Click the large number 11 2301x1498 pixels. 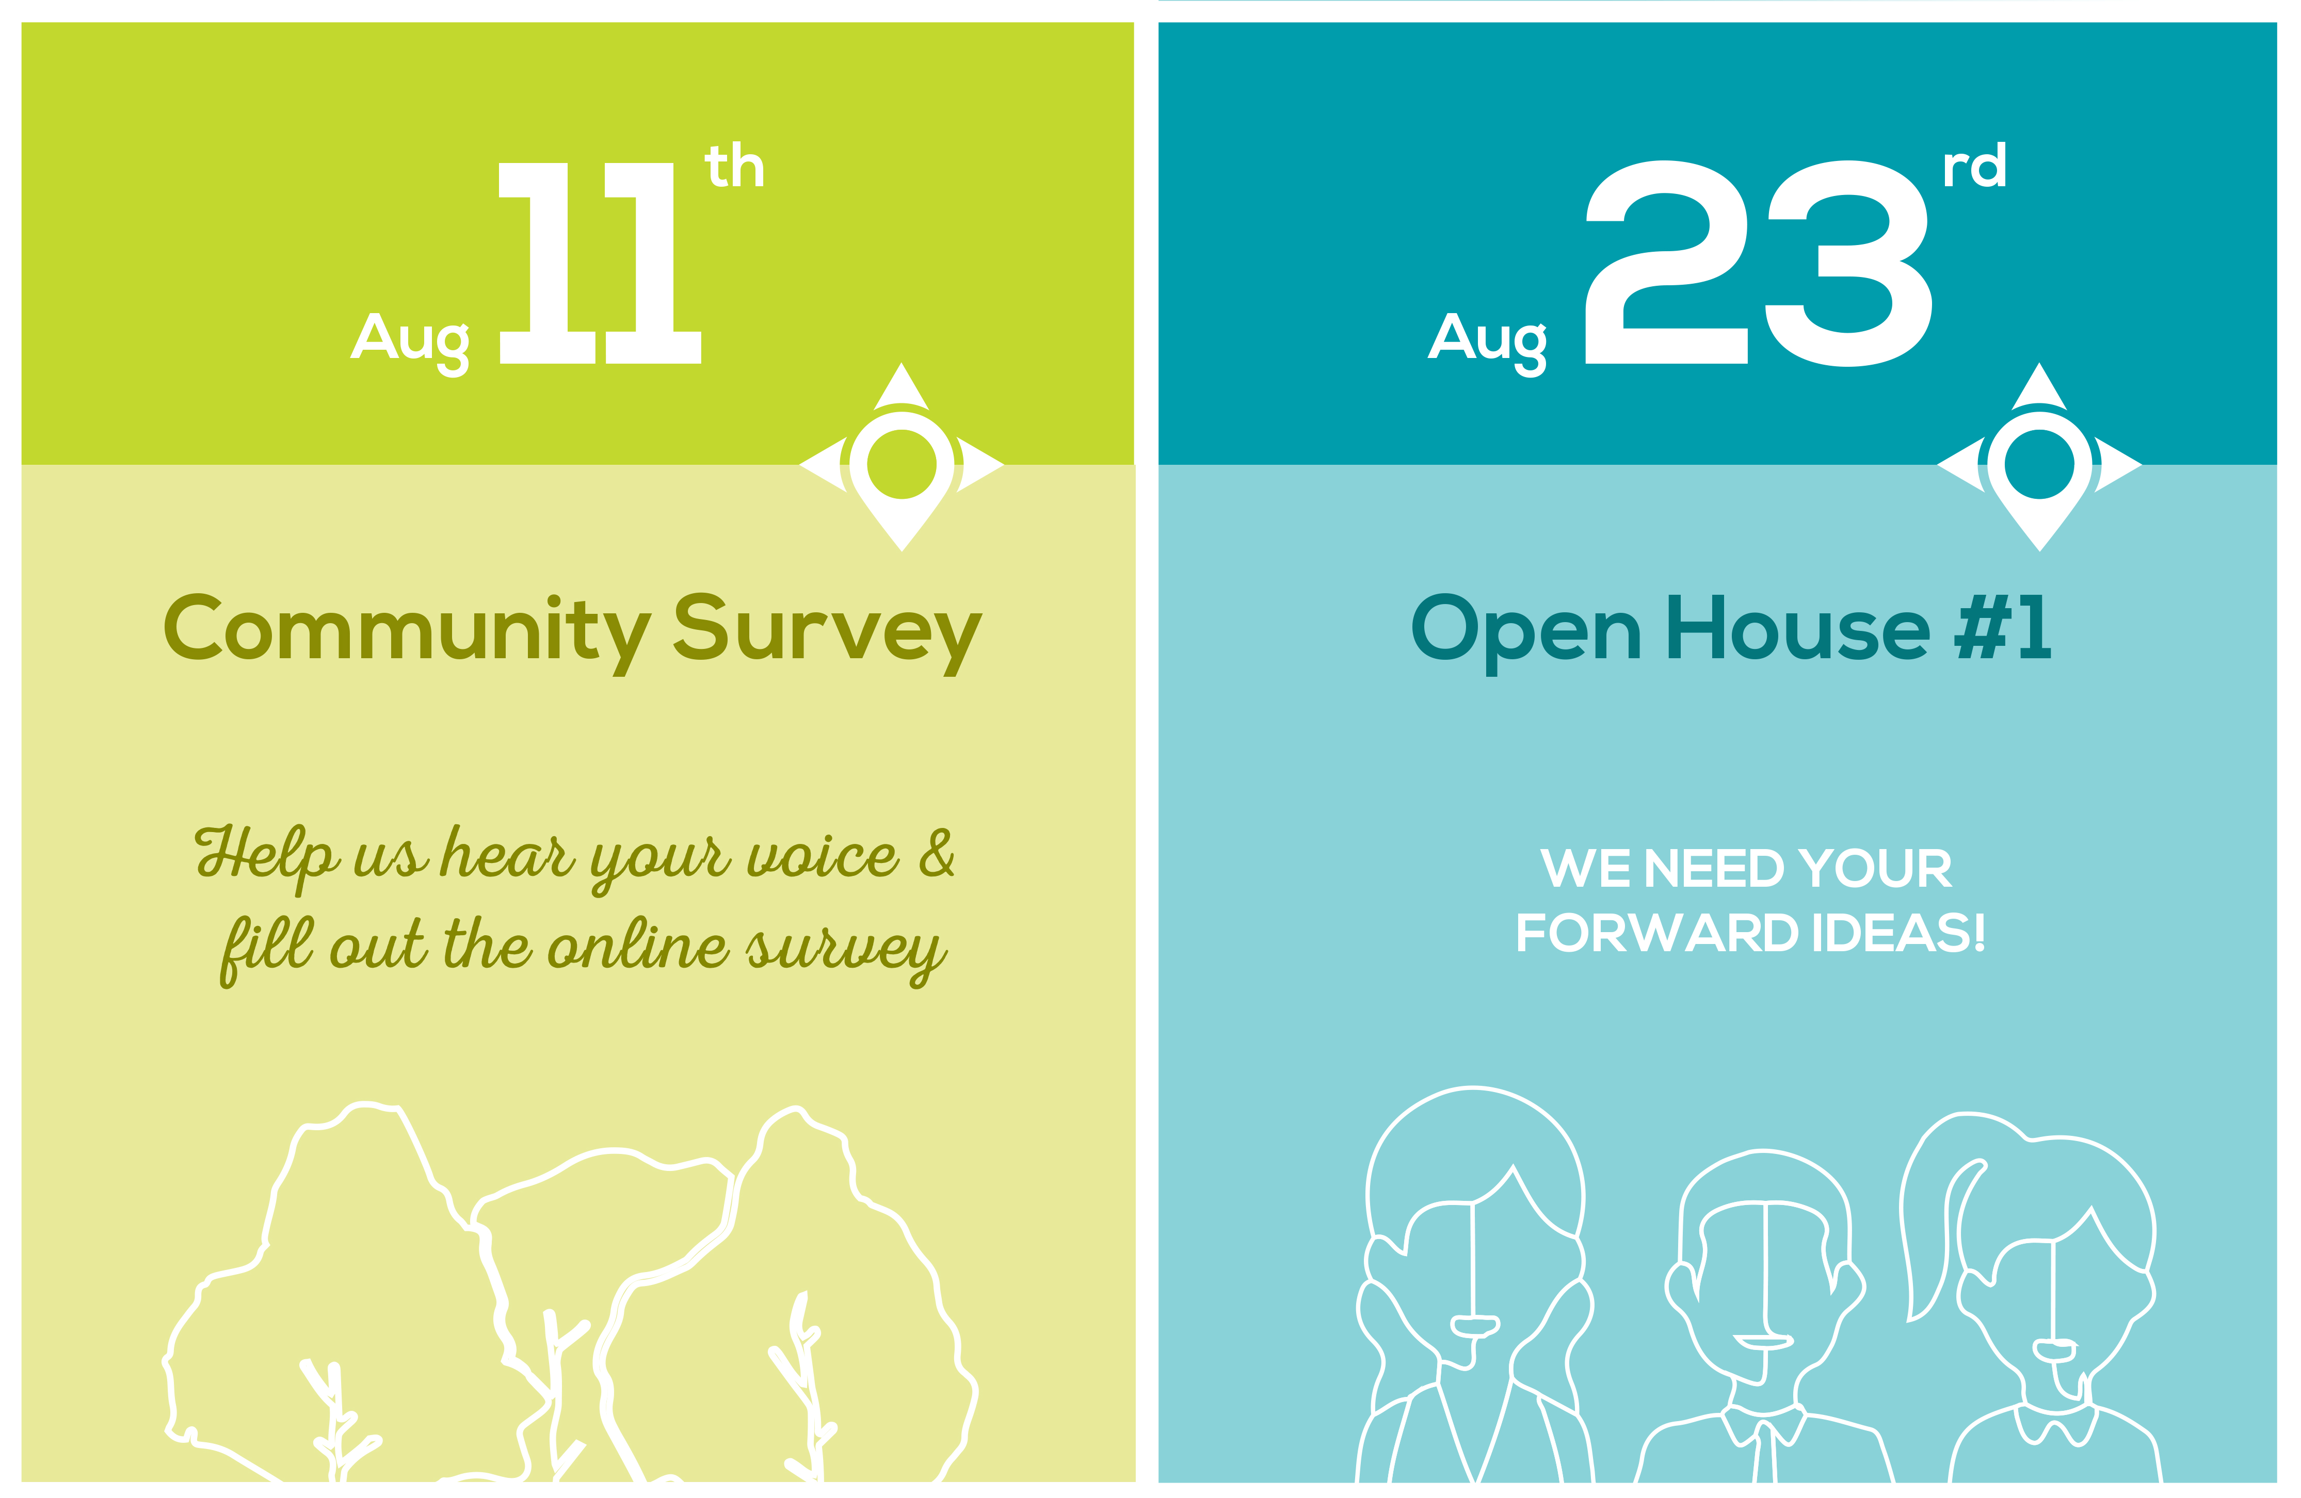(x=600, y=263)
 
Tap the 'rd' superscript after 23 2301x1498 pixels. (x=1975, y=166)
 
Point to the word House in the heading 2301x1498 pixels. (x=1798, y=628)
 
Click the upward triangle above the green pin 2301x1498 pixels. (x=902, y=386)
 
